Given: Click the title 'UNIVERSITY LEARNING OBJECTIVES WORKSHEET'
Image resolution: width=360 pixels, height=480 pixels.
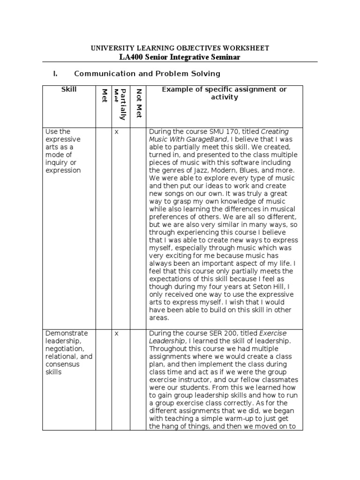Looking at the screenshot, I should (180, 48).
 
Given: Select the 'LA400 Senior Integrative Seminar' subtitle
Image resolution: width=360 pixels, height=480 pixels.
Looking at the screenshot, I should (180, 57).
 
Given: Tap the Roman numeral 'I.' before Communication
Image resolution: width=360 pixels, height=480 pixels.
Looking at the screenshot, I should (55, 74).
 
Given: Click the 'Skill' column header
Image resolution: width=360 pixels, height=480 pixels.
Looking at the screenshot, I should (69, 89).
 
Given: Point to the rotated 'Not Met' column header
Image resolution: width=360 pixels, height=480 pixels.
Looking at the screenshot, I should (138, 103).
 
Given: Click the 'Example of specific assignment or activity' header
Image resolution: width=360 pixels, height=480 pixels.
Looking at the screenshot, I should (224, 93).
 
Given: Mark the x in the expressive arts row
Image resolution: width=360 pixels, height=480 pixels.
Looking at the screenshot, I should (117, 132).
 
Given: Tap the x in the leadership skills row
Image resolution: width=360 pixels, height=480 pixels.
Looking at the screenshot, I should (117, 333).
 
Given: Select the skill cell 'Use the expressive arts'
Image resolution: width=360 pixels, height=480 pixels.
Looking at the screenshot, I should (63, 151).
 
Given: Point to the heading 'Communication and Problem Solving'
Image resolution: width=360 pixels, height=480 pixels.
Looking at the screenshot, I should (147, 74).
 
